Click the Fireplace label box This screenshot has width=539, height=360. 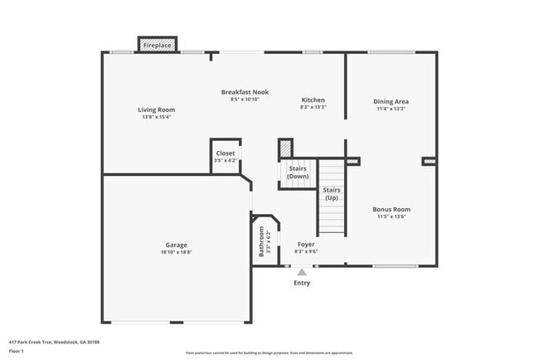point(157,46)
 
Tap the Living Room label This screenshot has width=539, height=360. point(156,109)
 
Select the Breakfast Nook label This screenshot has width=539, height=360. point(245,92)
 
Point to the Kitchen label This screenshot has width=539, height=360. point(313,100)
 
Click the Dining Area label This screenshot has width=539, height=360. point(391,101)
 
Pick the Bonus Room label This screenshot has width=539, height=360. point(391,209)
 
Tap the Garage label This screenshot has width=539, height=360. point(176,245)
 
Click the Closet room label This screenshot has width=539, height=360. point(225,153)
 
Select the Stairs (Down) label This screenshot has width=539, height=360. point(299,173)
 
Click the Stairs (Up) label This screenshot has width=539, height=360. point(331,194)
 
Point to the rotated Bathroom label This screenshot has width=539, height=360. point(261,241)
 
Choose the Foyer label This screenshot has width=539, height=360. point(306,245)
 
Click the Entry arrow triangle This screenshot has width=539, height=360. point(302,271)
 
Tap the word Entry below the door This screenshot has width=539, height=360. point(302,284)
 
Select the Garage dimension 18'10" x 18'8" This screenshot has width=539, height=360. point(176,252)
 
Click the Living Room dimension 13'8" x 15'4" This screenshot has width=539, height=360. point(156,117)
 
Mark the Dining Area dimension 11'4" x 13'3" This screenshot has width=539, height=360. point(391,109)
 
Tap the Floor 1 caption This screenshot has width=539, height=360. point(17,352)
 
